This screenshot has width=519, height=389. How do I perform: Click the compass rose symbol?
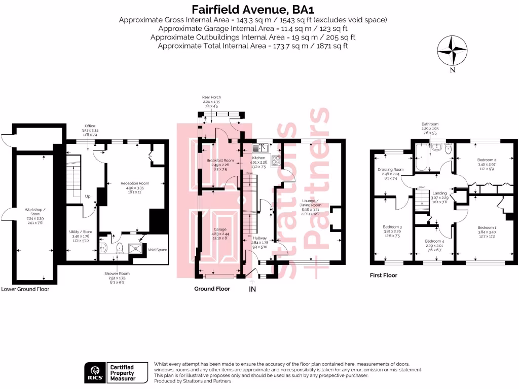(x=452, y=50)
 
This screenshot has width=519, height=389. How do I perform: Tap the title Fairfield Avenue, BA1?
(x=259, y=9)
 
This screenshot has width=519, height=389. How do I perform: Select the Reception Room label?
(x=134, y=183)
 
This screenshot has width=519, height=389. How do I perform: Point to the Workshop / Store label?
(x=35, y=212)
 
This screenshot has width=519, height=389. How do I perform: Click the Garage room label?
(x=219, y=229)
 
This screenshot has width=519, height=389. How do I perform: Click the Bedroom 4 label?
(x=434, y=241)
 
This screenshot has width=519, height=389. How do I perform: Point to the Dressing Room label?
(x=391, y=169)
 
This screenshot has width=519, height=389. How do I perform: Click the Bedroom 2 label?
(x=486, y=160)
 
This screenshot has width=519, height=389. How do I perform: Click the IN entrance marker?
(x=253, y=289)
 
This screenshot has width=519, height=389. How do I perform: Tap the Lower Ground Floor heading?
(x=25, y=289)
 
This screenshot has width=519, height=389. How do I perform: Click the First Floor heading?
(x=383, y=276)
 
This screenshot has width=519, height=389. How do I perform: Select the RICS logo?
(x=95, y=373)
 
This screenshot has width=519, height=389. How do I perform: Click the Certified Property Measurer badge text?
(x=123, y=373)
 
